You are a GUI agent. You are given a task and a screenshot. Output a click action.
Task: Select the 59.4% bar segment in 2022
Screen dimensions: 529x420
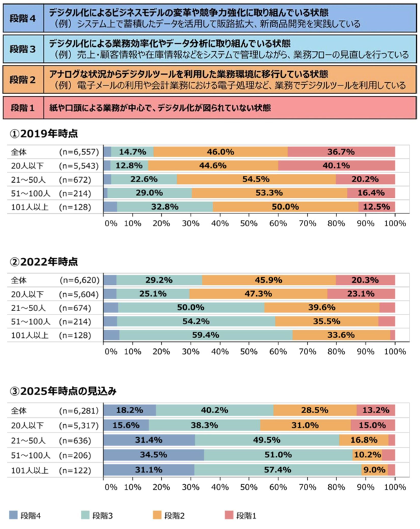tap(205, 335)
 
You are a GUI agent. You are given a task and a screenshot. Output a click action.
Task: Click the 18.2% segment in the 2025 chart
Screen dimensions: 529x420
tap(130, 409)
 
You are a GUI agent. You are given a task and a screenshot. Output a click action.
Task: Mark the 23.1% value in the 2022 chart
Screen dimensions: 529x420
tap(361, 293)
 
